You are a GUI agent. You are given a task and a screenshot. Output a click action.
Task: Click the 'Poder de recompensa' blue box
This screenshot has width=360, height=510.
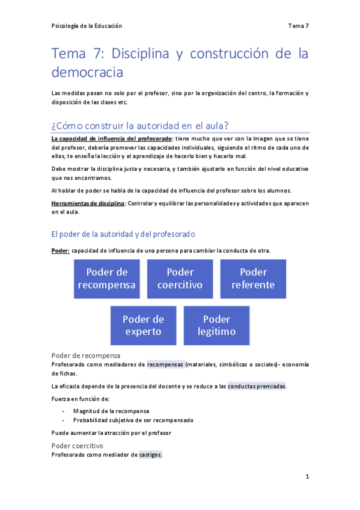pyautogui.click(x=106, y=278)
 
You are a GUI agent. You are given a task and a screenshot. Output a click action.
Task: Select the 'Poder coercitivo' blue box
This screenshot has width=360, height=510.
pyautogui.click(x=180, y=278)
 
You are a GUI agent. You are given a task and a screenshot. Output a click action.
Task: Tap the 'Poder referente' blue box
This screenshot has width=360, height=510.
pyautogui.click(x=253, y=278)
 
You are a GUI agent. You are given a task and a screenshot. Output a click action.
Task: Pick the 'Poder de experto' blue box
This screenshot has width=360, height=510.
pyautogui.click(x=143, y=325)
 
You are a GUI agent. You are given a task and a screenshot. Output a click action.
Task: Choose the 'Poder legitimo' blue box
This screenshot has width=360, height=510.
pyautogui.click(x=216, y=325)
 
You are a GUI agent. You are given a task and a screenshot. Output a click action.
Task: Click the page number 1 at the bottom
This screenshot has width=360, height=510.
pyautogui.click(x=307, y=476)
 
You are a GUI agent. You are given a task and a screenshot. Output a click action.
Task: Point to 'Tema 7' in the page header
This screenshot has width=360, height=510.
pyautogui.click(x=298, y=26)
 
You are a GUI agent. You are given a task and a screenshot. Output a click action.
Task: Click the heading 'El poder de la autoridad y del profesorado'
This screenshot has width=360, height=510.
pyautogui.click(x=124, y=234)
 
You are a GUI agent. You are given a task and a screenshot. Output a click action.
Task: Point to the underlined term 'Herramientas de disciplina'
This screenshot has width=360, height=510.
pyautogui.click(x=88, y=203)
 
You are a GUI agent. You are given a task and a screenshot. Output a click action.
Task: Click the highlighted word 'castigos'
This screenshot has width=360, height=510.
pyautogui.click(x=150, y=455)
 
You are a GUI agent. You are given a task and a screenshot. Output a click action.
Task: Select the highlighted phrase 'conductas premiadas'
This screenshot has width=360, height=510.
pyautogui.click(x=257, y=386)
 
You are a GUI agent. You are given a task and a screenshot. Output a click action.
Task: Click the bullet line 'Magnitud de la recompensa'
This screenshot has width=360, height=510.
pyautogui.click(x=111, y=411)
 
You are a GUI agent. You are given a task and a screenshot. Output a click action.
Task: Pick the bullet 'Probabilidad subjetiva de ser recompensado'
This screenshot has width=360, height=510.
pyautogui.click(x=133, y=420)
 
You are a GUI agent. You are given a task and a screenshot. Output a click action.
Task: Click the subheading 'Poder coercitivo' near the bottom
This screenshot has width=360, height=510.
pyautogui.click(x=78, y=446)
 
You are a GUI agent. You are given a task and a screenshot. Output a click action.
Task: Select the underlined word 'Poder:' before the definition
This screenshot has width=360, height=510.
pyautogui.click(x=61, y=250)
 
